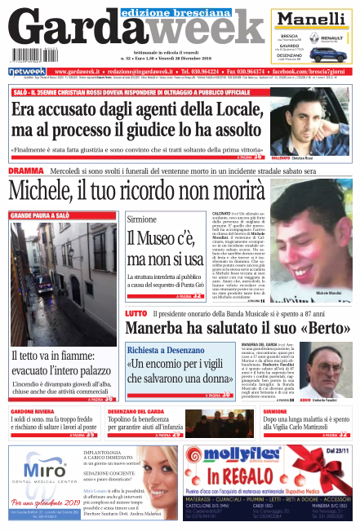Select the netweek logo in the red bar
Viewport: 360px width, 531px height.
tap(27, 72)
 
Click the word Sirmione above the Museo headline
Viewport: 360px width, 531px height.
tap(144, 220)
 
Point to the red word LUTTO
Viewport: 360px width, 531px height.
tap(136, 313)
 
